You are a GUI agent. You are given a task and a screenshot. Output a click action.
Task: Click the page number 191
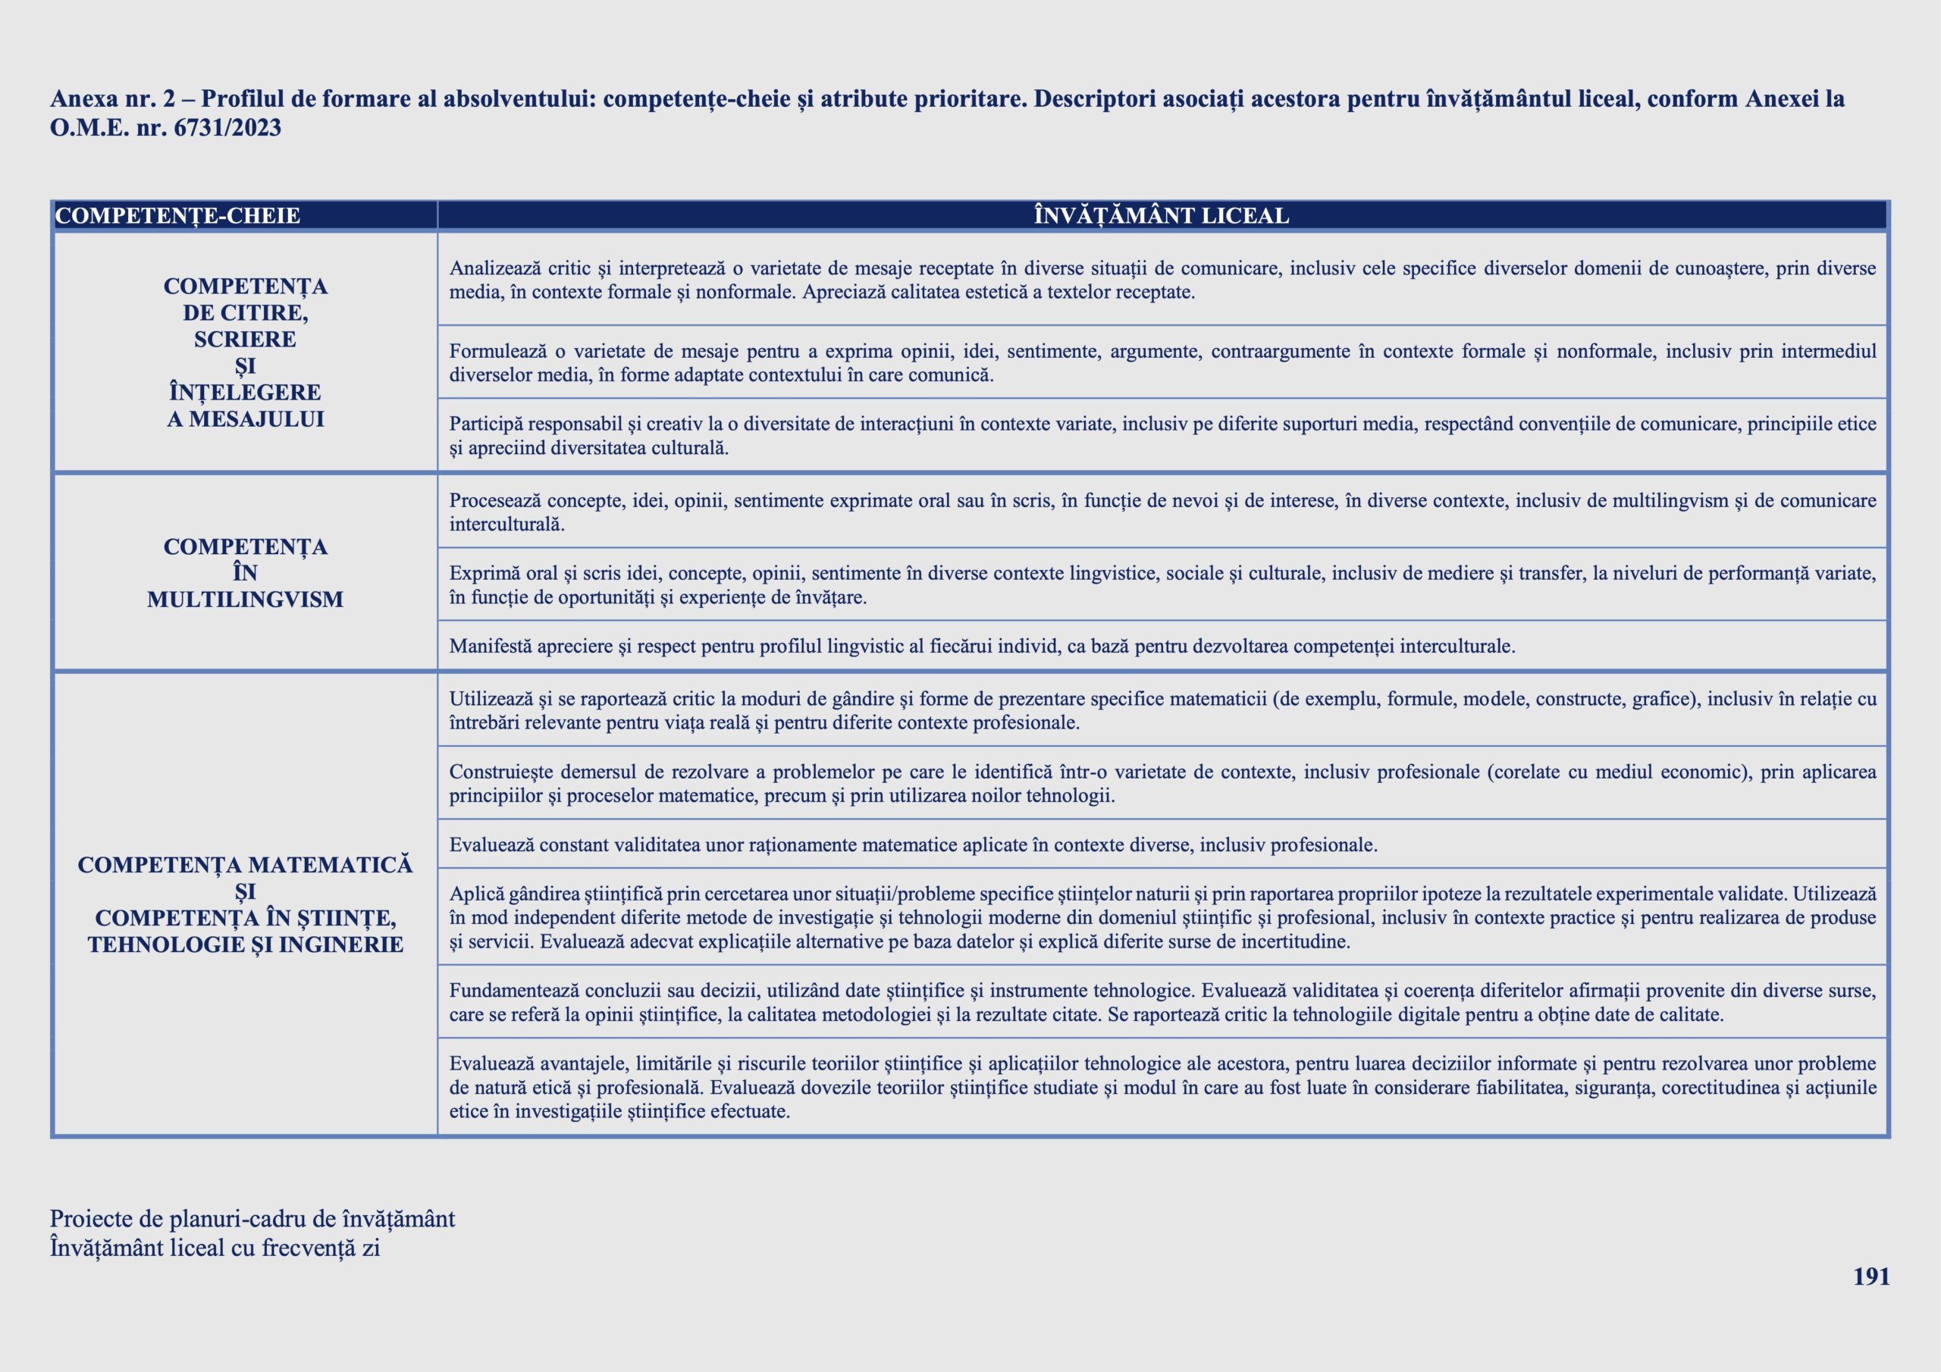coord(1870,1276)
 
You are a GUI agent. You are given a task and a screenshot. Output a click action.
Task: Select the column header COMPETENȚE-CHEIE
coord(177,216)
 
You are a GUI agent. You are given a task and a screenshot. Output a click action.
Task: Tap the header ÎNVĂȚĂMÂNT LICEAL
coord(1162,216)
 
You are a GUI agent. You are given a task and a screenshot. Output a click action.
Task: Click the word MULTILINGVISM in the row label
coord(245,600)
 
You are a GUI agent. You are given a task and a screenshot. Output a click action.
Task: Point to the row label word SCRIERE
coord(245,340)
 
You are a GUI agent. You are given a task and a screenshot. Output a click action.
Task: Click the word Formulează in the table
coord(497,352)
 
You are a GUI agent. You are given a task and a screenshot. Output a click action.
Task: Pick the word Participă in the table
coord(486,424)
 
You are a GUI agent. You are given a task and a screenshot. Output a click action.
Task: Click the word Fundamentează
coord(514,991)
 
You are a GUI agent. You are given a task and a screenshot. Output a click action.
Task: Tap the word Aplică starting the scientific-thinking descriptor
coord(475,894)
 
